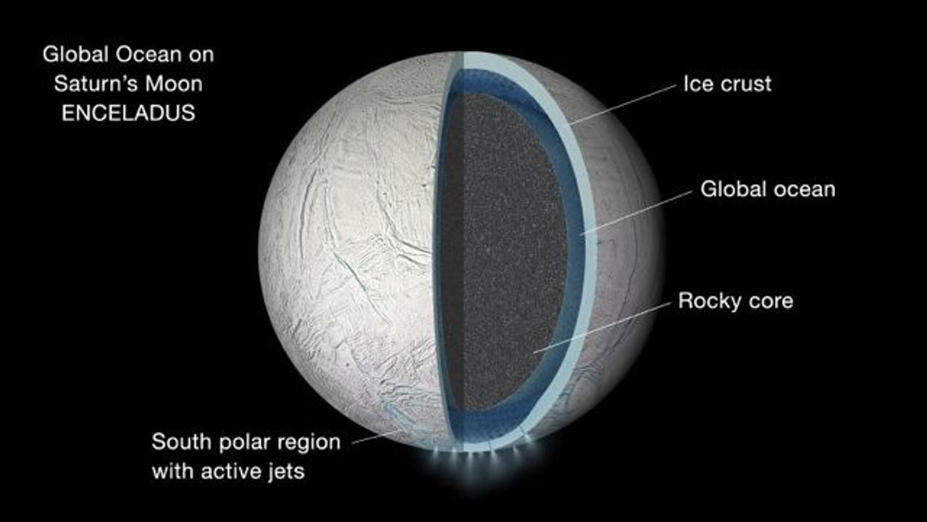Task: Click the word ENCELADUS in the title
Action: click(x=128, y=113)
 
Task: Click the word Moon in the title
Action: click(x=173, y=83)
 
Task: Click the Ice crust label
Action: click(x=727, y=83)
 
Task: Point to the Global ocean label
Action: click(x=767, y=190)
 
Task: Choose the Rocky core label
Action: click(x=735, y=301)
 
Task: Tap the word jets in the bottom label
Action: click(x=285, y=471)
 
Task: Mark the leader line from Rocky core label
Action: click(x=601, y=328)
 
